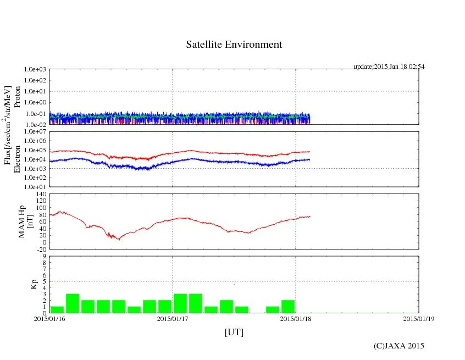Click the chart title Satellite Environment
234,45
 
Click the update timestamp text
389,67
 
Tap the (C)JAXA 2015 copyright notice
398,346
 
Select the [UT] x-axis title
234,332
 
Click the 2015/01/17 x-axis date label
173,318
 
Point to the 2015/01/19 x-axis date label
419,318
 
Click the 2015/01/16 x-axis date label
49,318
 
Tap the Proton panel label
17,97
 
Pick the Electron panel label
17,159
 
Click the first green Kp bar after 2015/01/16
57,309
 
